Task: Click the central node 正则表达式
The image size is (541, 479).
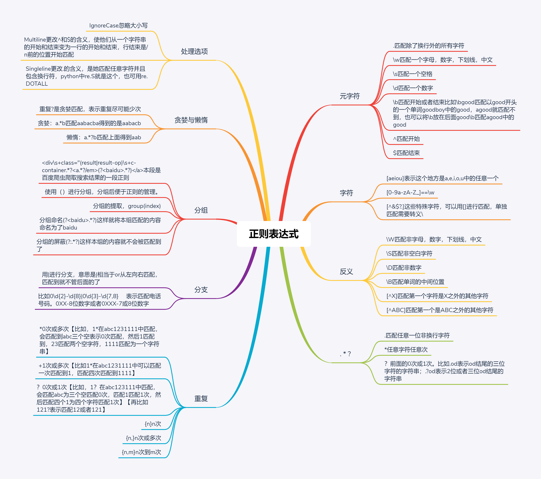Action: pos(274,234)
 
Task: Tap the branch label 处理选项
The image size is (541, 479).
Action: pos(194,51)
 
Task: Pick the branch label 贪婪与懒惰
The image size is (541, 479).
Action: pos(191,120)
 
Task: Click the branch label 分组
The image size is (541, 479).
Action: pos(201,210)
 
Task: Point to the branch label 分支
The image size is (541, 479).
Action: pos(201,290)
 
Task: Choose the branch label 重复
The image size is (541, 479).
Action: pos(201,399)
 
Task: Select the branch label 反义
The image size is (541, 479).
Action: pos(346,271)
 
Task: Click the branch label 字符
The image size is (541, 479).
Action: pos(346,193)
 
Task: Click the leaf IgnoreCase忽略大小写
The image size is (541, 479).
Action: pos(118,25)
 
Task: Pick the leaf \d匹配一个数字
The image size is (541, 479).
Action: pos(413,88)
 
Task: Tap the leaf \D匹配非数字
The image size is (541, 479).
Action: pos(403,268)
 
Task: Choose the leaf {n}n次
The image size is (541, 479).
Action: pos(153,424)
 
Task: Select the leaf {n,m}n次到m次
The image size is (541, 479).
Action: pos(141,452)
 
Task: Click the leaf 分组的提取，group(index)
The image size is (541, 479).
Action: pos(127,206)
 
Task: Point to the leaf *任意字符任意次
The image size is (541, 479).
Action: pos(406,349)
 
